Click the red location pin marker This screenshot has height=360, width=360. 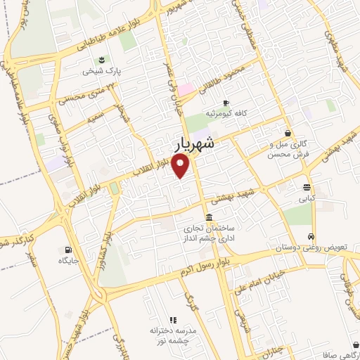181,167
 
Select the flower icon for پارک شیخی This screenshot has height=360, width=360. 103,59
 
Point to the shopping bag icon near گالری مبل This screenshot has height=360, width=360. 288,133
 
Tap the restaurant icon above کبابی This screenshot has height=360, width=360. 307,188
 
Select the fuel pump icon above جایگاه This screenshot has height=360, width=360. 67,250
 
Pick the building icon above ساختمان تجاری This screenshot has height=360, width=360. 208,217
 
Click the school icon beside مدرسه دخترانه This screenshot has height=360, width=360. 173,320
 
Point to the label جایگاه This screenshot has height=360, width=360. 70,261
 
